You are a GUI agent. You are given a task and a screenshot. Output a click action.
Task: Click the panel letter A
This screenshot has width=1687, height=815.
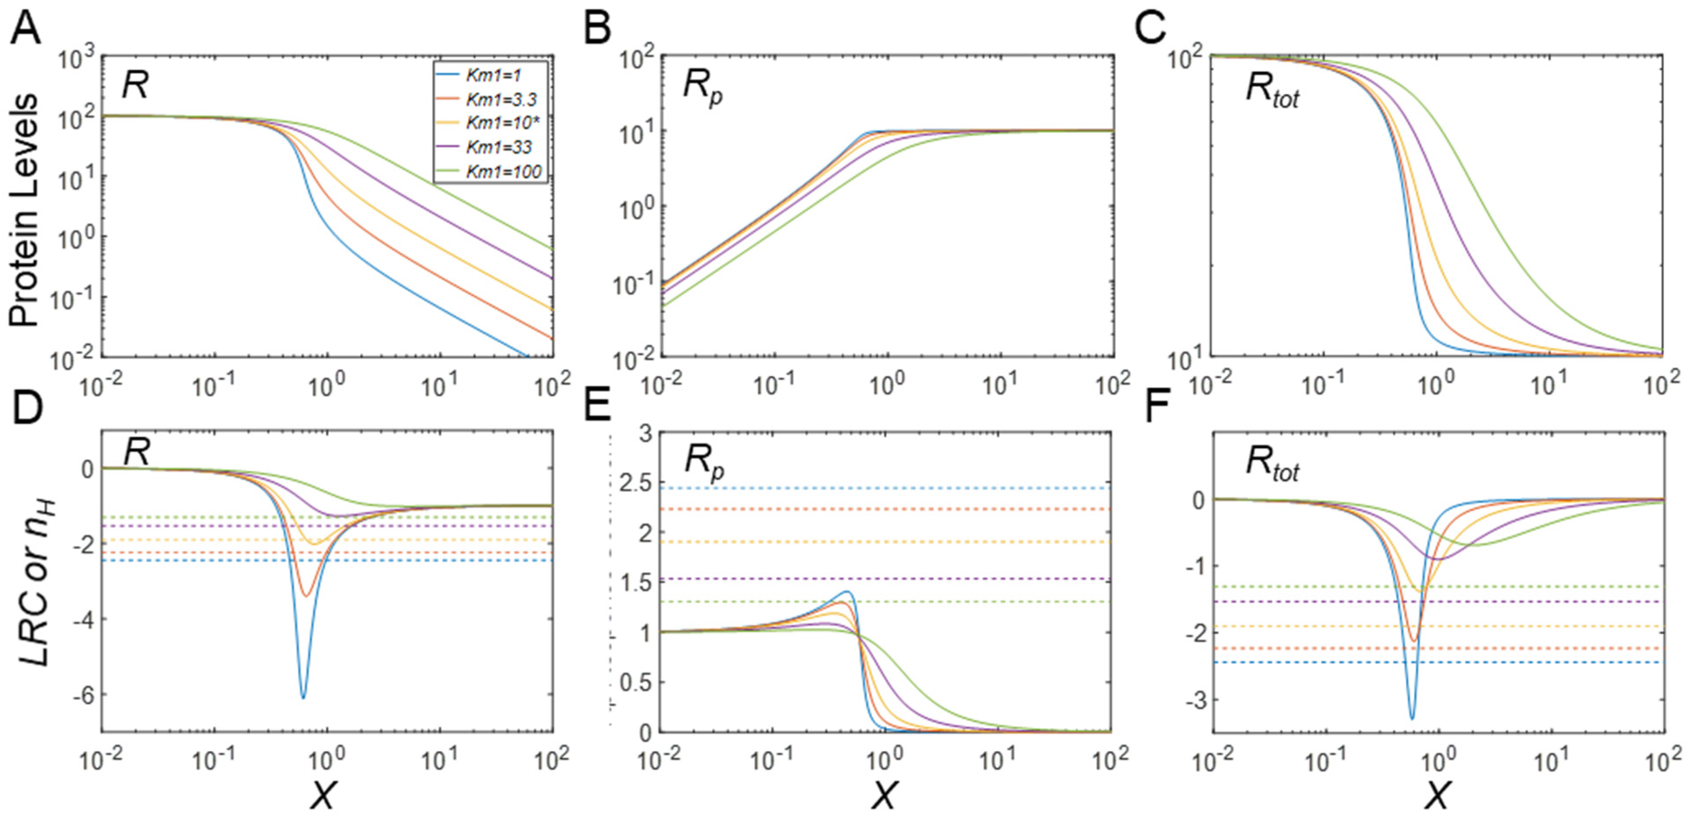(x=25, y=29)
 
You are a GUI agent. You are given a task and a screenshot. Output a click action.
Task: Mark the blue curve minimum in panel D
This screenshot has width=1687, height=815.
(x=303, y=698)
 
